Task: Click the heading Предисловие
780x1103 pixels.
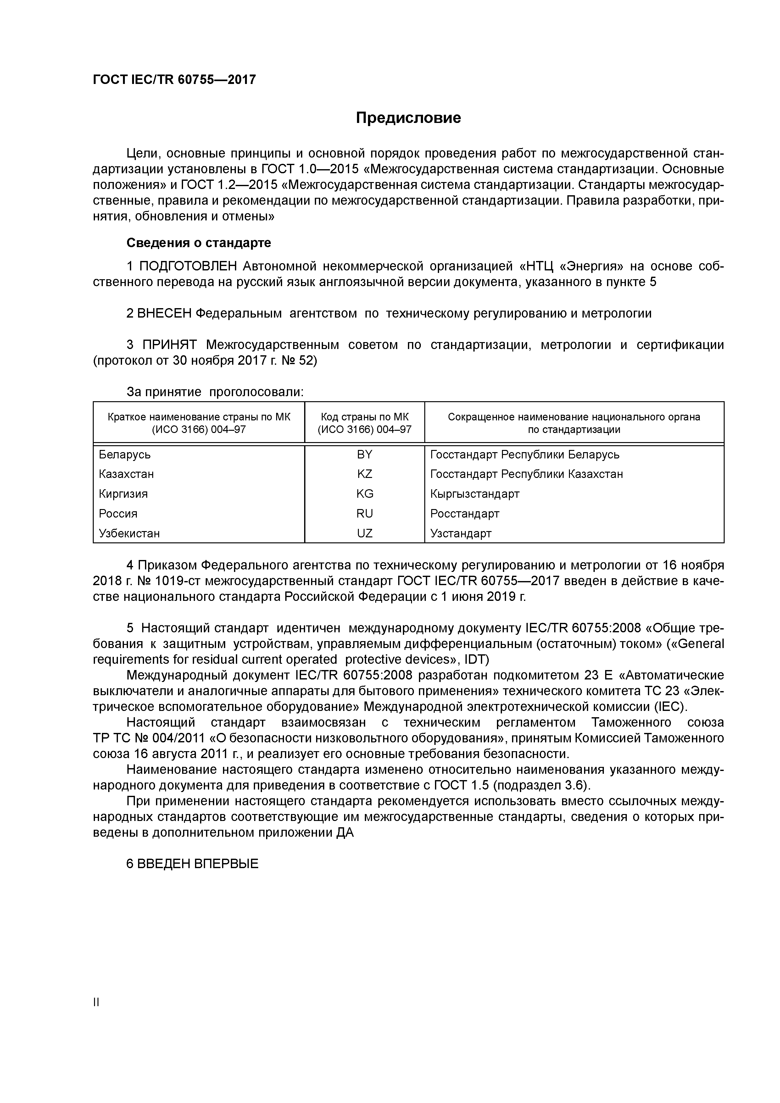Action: (408, 118)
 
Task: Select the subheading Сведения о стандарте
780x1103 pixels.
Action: (198, 243)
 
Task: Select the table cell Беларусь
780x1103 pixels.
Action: (125, 454)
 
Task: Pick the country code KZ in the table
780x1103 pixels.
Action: (364, 474)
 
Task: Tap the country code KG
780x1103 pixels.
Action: (364, 494)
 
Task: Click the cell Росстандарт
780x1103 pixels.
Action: (465, 513)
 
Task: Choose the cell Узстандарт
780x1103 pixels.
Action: (461, 533)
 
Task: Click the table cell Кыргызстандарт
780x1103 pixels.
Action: (475, 494)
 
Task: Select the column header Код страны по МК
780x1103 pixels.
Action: (364, 417)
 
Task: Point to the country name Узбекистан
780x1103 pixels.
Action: (129, 533)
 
